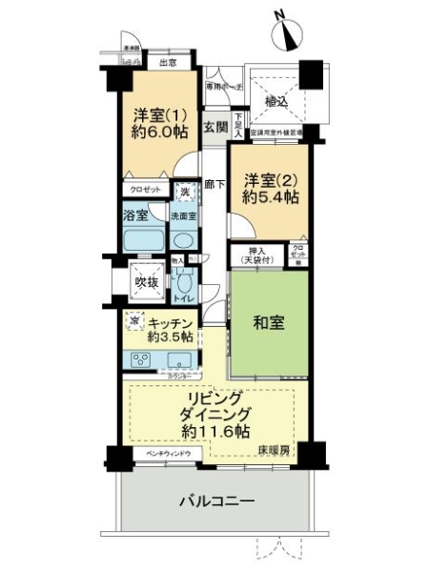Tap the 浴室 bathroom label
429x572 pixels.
pos(135,215)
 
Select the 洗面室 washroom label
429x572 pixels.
pos(183,216)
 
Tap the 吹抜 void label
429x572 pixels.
pos(145,282)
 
